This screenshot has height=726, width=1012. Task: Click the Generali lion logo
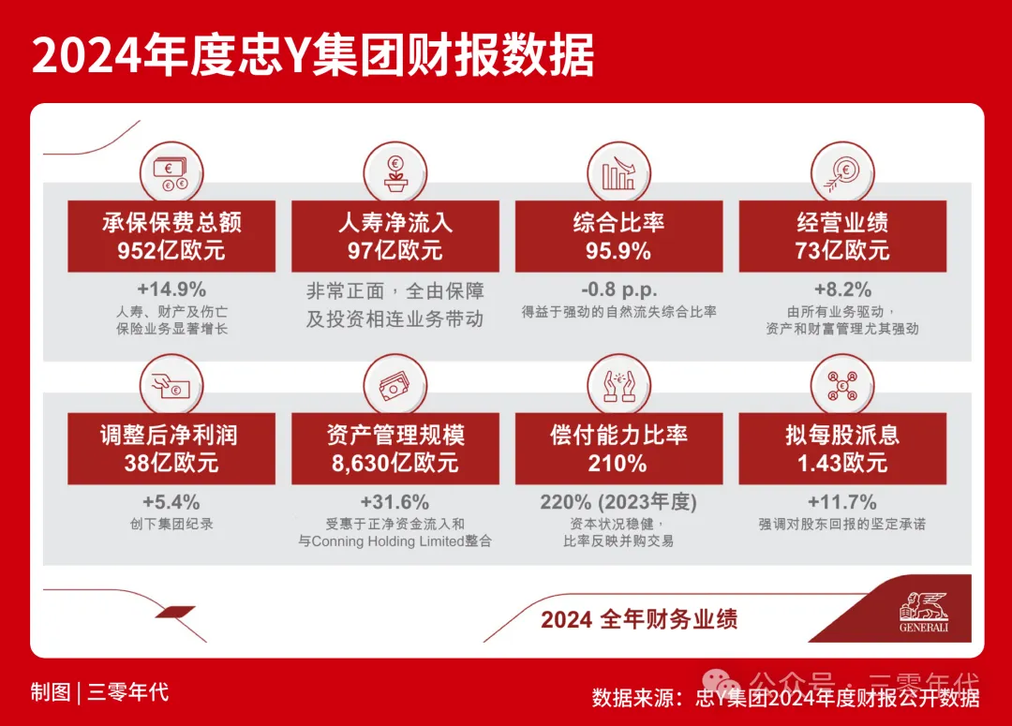[x=924, y=612]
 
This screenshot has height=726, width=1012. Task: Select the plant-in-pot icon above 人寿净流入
[x=395, y=173]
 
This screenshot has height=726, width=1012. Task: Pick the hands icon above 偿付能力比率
[x=619, y=387]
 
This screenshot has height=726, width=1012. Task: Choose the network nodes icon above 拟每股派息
[x=842, y=386]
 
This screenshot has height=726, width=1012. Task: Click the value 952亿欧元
[x=171, y=250]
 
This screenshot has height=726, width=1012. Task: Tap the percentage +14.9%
[x=171, y=289]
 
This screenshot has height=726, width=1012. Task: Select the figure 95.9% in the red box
[x=618, y=250]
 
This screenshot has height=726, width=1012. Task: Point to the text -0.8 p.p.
[x=619, y=289]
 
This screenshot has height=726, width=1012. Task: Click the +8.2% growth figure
[x=842, y=289]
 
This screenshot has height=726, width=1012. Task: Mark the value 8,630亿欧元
[x=395, y=464]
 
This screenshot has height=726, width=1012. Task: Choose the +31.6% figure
[x=395, y=502]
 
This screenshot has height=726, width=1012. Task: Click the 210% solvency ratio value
[x=618, y=464]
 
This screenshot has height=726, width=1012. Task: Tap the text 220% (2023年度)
[x=619, y=502]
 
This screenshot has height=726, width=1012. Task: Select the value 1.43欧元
[x=842, y=464]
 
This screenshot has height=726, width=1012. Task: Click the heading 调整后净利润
[x=169, y=435]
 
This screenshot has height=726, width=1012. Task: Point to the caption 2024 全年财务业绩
[x=639, y=619]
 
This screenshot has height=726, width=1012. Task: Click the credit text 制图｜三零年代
[x=99, y=692]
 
